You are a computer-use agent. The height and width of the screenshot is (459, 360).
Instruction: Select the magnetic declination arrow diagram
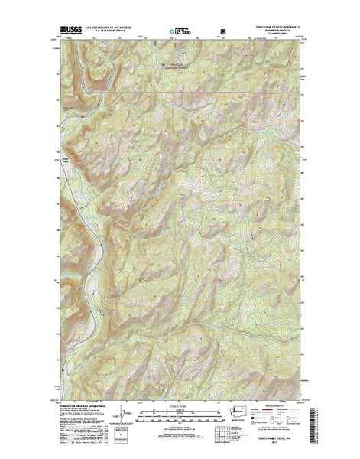(x=115, y=425)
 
